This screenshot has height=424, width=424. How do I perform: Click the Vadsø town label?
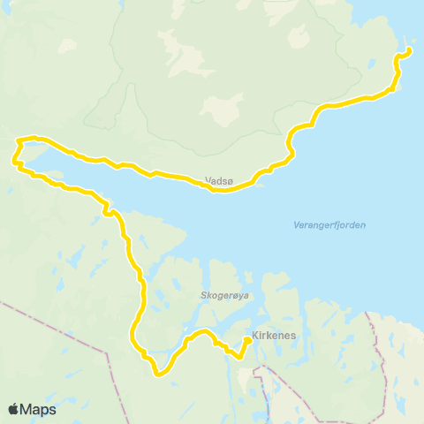[217, 179]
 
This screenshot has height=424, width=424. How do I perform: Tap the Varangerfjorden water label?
[329, 225]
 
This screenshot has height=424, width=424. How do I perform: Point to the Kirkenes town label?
[273, 337]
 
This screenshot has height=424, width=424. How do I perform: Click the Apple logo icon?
[14, 409]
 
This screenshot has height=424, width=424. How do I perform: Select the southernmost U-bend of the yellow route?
[158, 374]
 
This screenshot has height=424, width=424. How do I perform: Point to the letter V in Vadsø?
[207, 179]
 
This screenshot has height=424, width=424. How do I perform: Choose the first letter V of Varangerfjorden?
[295, 225]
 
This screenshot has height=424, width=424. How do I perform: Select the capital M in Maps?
[27, 410]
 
